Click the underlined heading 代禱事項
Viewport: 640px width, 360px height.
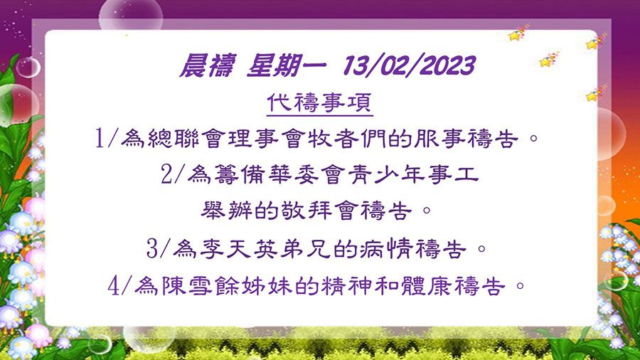click(x=319, y=102)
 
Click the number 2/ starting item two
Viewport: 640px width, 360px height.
click(x=173, y=175)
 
